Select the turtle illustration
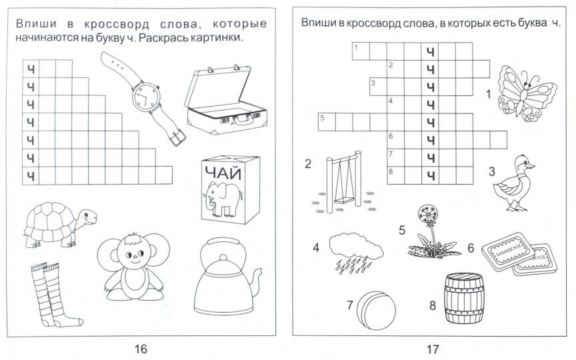pyautogui.click(x=57, y=223)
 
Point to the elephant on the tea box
pyautogui.click(x=223, y=200)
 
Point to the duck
pyautogui.click(x=517, y=183)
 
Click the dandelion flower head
pyautogui.click(x=426, y=214)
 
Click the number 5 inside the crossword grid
pyautogui.click(x=323, y=118)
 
